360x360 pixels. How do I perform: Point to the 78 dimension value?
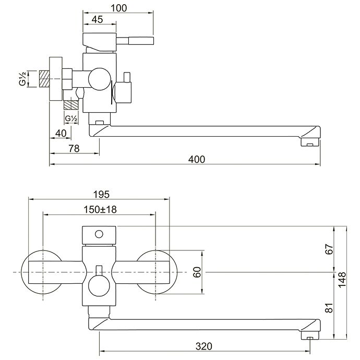[x=74, y=149]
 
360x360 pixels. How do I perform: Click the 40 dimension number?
[x=61, y=133]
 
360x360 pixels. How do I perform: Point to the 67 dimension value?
[x=328, y=249]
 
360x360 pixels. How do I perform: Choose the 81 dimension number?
[x=328, y=307]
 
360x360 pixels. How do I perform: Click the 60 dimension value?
[x=197, y=272]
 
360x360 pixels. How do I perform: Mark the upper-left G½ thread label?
[x=23, y=79]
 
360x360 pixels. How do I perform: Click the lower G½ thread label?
[x=71, y=118]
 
